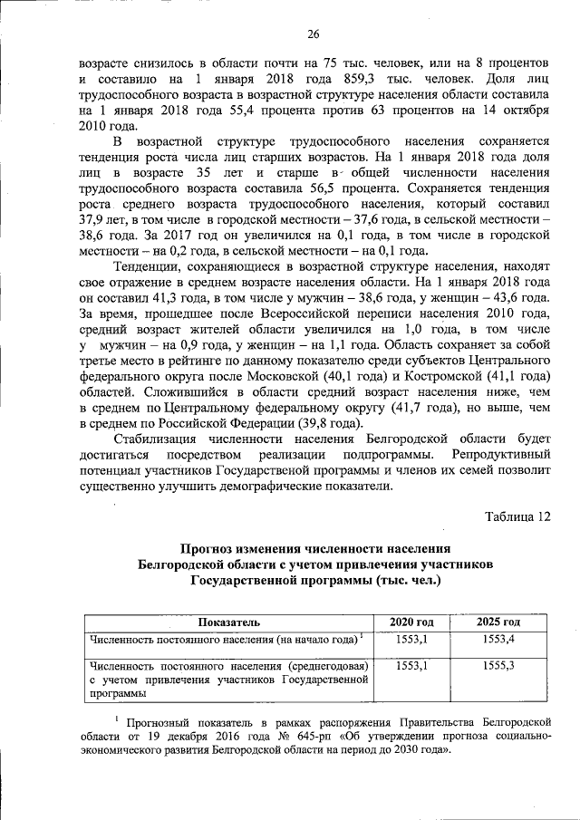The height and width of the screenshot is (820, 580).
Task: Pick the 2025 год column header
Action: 498,622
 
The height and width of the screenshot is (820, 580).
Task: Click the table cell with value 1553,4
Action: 498,640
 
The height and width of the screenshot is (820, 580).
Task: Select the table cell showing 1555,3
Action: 498,666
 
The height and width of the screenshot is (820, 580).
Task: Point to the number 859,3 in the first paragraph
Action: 332,77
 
